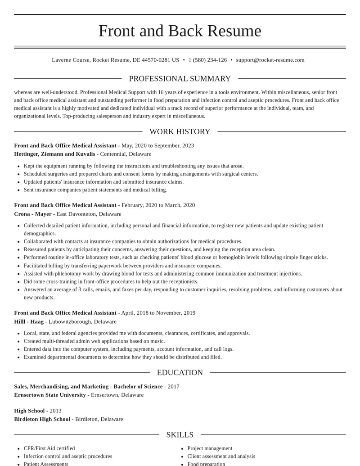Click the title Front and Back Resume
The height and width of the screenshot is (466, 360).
tap(180, 31)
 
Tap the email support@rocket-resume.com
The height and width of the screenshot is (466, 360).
tap(270, 60)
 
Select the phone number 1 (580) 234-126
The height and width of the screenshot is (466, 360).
tap(207, 60)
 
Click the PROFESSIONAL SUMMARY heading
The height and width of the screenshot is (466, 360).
tap(180, 79)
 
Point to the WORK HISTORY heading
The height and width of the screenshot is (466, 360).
tap(180, 131)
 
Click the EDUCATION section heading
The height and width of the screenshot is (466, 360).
tap(180, 372)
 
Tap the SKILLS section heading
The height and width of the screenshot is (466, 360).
tap(180, 434)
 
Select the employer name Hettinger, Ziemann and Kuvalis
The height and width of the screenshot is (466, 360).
tap(54, 154)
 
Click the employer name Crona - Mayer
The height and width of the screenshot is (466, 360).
tap(33, 214)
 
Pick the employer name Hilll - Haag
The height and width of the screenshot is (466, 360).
tap(29, 321)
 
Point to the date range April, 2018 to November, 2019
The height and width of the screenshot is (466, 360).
tap(158, 313)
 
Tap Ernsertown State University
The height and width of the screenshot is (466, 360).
tap(50, 395)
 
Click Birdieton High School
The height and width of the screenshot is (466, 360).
tap(42, 419)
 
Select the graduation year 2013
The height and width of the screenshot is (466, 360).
tap(55, 411)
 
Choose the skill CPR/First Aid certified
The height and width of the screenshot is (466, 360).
tap(49, 448)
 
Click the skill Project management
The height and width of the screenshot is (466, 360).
tap(210, 448)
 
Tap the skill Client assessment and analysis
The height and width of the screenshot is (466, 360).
tap(221, 457)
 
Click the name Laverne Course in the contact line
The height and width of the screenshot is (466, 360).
tap(71, 60)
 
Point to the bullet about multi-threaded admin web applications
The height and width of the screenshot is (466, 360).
tap(94, 341)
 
